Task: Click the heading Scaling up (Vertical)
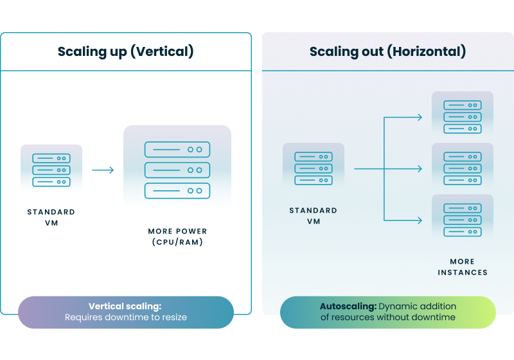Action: [125, 51]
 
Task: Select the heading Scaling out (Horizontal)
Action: [387, 51]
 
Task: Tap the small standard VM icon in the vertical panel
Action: [51, 170]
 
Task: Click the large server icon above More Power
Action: [177, 170]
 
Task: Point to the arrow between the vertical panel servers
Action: [103, 170]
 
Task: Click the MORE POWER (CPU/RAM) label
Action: [177, 237]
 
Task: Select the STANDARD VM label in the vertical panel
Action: [51, 217]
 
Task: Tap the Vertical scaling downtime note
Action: [125, 312]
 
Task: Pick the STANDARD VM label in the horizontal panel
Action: [314, 215]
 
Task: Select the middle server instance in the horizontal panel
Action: [463, 168]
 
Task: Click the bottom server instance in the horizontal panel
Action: [463, 220]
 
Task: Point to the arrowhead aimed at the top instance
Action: [420, 117]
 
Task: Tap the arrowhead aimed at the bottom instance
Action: [420, 220]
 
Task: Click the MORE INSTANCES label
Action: [463, 267]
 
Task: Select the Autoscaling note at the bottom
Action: [387, 312]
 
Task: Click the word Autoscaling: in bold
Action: [348, 307]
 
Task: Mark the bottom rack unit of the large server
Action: [177, 191]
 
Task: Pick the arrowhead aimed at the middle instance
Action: [420, 168]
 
